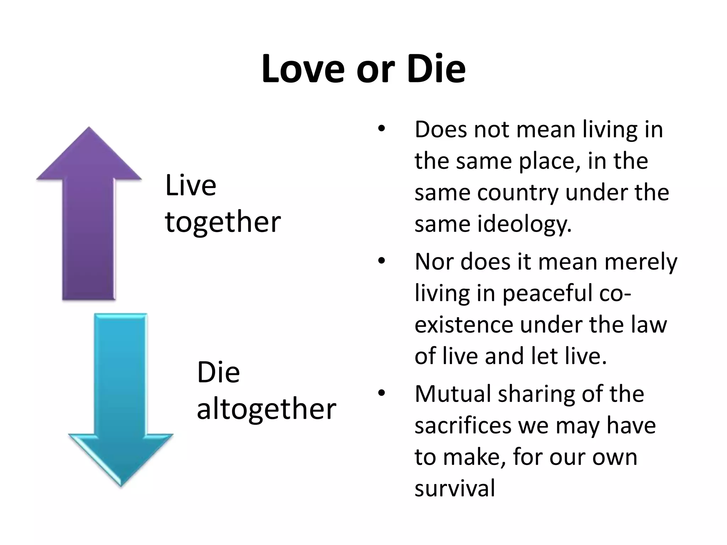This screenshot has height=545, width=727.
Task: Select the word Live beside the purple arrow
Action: pyautogui.click(x=191, y=185)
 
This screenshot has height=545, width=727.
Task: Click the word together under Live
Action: pyautogui.click(x=223, y=222)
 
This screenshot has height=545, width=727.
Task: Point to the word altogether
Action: pyautogui.click(x=266, y=409)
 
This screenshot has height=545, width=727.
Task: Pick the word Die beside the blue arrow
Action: pyautogui.click(x=218, y=373)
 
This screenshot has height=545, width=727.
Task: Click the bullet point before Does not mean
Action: pyautogui.click(x=381, y=129)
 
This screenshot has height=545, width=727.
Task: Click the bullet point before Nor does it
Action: pyautogui.click(x=381, y=262)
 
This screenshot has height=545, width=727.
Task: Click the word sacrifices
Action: pyautogui.click(x=464, y=425)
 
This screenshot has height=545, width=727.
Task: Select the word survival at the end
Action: pyautogui.click(x=455, y=489)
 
